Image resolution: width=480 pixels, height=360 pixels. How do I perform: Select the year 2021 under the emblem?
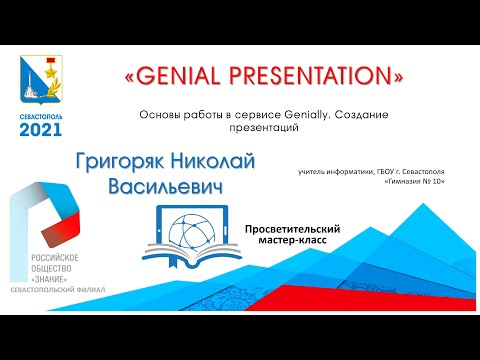tap(39, 129)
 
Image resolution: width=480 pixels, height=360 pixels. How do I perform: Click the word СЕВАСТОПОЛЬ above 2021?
tap(39, 115)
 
